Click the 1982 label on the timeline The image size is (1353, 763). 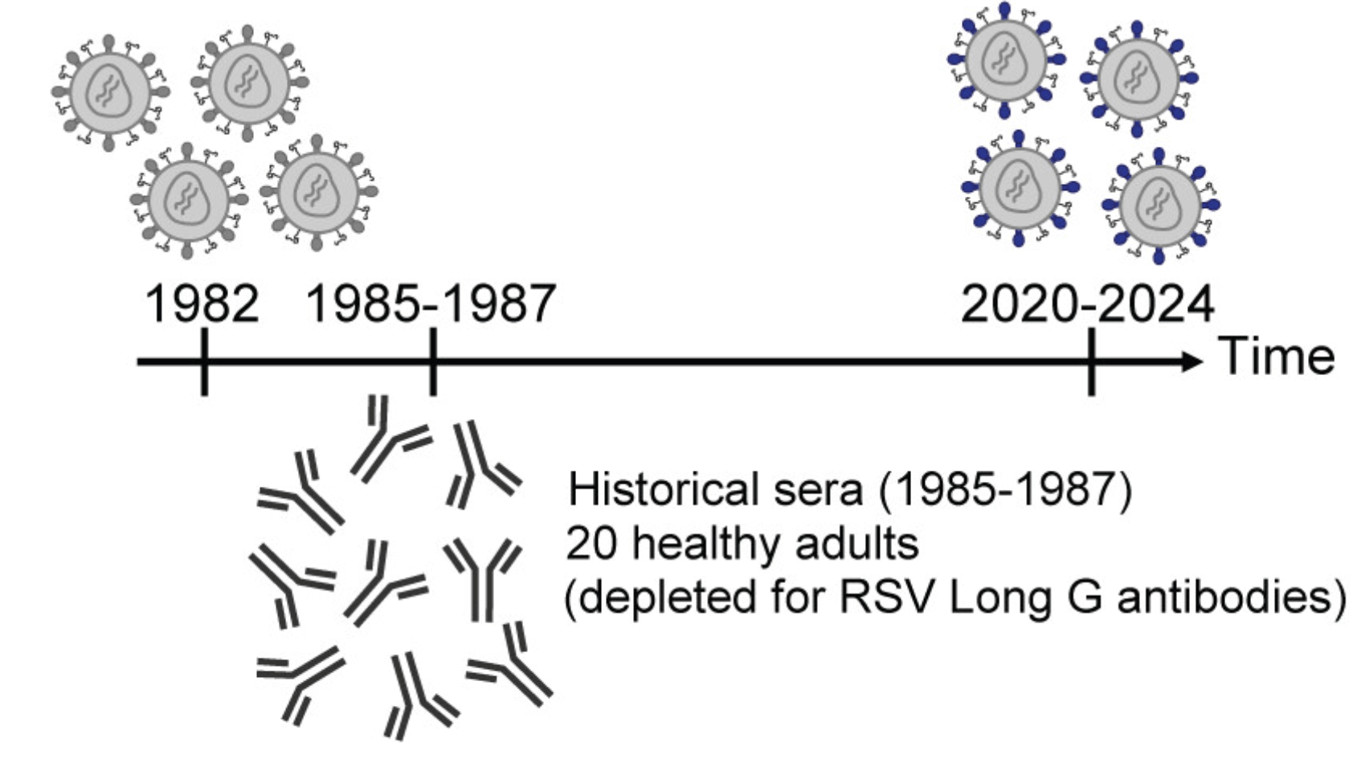pos(202,304)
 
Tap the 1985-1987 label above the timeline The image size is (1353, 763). pos(431,304)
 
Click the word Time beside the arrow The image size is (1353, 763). pos(1277,357)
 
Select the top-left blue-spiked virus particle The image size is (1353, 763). pos(1005,59)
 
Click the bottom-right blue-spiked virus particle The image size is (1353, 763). pos(1159,205)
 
